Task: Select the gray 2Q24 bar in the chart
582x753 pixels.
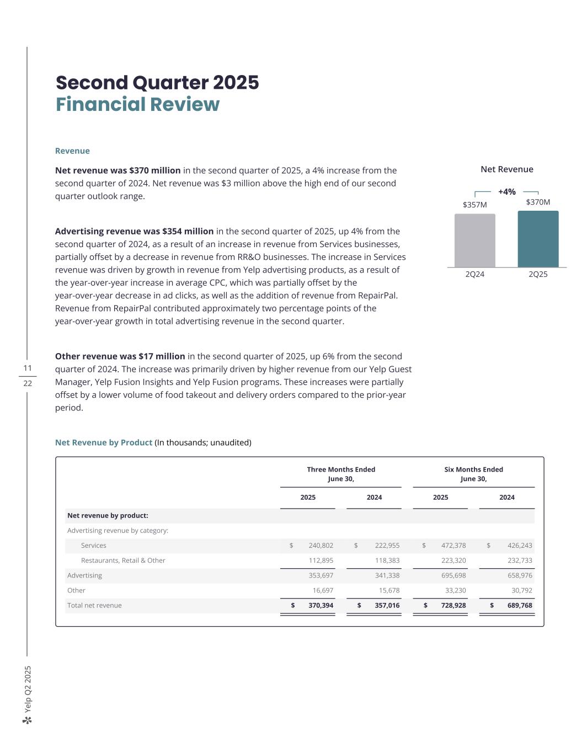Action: pyautogui.click(x=474, y=241)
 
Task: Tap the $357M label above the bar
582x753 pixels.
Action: pyautogui.click(x=474, y=205)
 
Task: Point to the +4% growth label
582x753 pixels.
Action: pyautogui.click(x=506, y=192)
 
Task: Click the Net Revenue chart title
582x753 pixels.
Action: pyautogui.click(x=506, y=169)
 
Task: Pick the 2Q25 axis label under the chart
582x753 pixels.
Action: pyautogui.click(x=538, y=274)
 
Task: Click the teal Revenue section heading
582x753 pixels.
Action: pyautogui.click(x=72, y=151)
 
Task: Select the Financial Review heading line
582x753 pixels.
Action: pyautogui.click(x=137, y=104)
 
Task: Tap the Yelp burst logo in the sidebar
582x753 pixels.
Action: pyautogui.click(x=28, y=720)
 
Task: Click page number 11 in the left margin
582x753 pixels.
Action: pyautogui.click(x=28, y=368)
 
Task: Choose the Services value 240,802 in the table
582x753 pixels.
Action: pyautogui.click(x=321, y=546)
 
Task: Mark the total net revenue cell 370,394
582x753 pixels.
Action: pyautogui.click(x=321, y=605)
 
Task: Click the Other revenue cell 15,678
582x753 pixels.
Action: pyautogui.click(x=387, y=590)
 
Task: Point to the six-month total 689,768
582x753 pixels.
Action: pyautogui.click(x=519, y=605)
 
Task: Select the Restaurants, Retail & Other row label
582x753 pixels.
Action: pyautogui.click(x=123, y=560)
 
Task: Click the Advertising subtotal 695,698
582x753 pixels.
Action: pyautogui.click(x=453, y=575)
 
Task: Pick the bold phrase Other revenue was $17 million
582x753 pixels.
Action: pyautogui.click(x=120, y=356)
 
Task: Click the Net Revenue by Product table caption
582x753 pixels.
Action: pyautogui.click(x=104, y=442)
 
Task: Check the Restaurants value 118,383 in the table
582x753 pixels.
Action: pyautogui.click(x=387, y=560)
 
